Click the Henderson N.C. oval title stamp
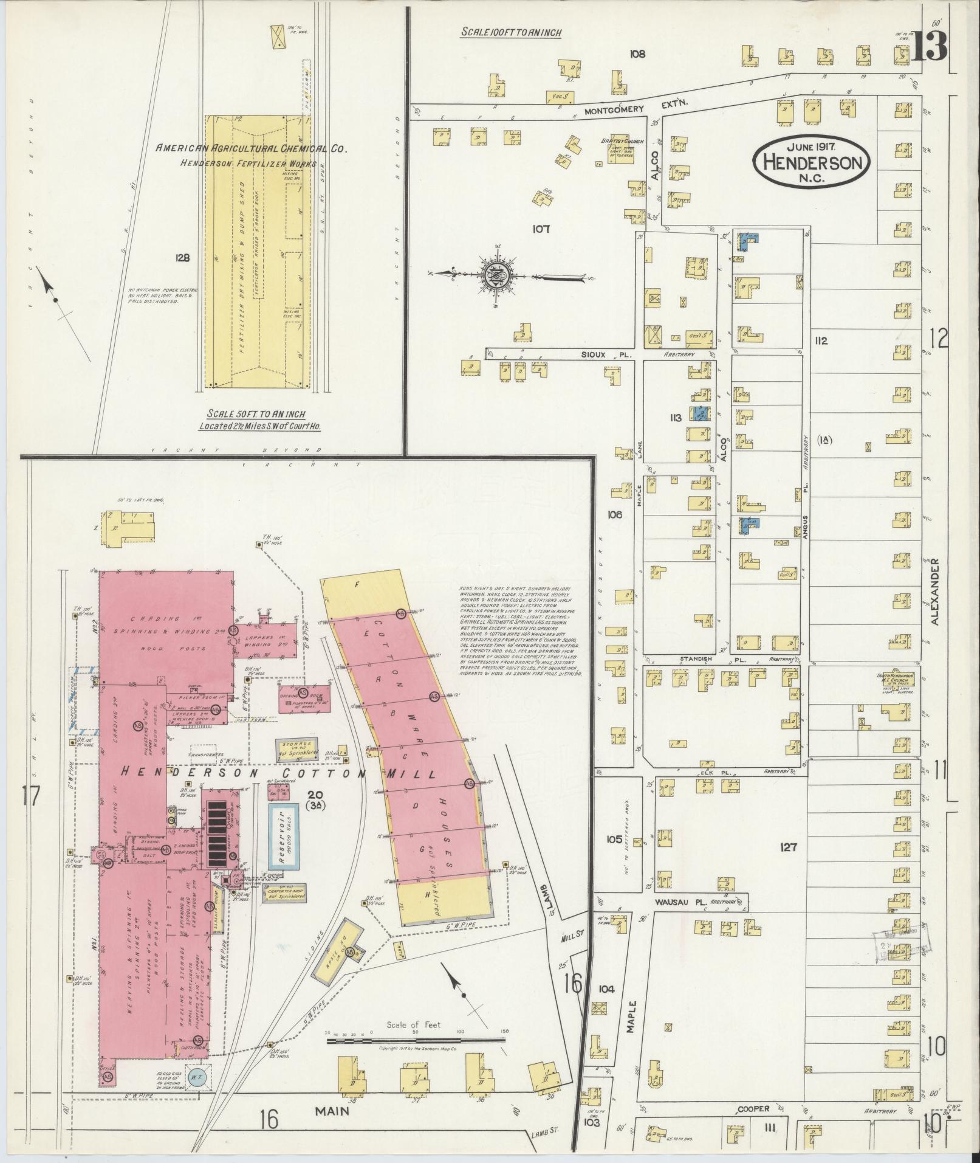pyautogui.click(x=812, y=162)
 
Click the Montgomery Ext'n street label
pyautogui.click(x=636, y=110)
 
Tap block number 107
pyautogui.click(x=540, y=229)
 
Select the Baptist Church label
pyautogui.click(x=617, y=140)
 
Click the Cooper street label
pyautogui.click(x=753, y=1108)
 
